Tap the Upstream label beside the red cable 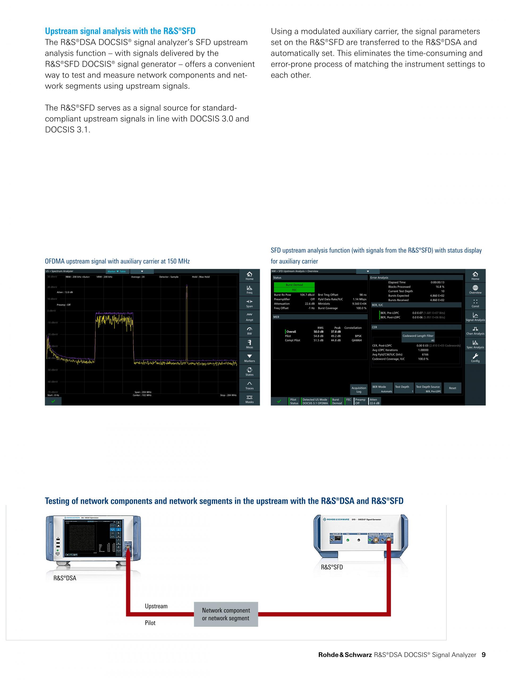point(156,606)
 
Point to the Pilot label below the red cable point(150,623)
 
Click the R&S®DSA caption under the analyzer point(65,578)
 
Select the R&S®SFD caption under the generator point(332,567)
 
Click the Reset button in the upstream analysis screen point(452,388)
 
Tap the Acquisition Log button point(359,389)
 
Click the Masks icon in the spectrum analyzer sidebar point(249,399)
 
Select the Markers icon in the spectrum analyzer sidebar point(249,358)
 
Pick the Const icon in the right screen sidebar point(475,303)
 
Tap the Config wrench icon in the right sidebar point(475,358)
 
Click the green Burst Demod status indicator point(294,285)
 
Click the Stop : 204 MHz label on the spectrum point(228,395)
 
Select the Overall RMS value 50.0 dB point(318,332)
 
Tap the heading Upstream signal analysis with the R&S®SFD point(120,31)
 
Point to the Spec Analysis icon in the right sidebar point(475,344)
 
